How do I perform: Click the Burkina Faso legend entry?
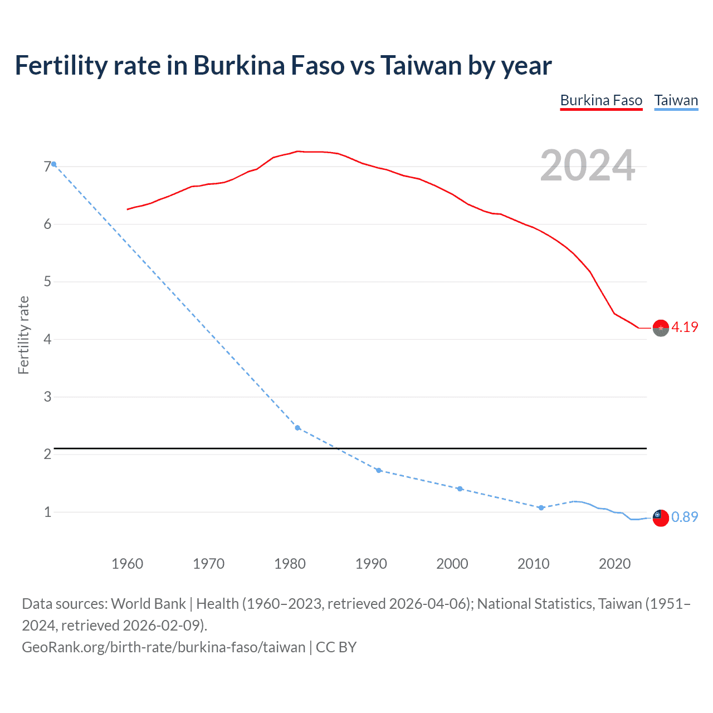click(x=601, y=100)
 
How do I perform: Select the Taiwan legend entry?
click(x=676, y=100)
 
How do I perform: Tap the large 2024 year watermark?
click(x=587, y=165)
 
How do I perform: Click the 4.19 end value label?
click(x=685, y=327)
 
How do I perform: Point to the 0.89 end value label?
click(x=685, y=517)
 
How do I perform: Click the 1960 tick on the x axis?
click(x=128, y=564)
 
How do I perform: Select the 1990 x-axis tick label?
click(x=371, y=564)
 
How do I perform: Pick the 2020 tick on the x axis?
click(x=614, y=564)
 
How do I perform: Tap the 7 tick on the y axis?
click(x=47, y=167)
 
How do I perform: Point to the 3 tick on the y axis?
click(x=47, y=397)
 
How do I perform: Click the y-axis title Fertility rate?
click(x=23, y=335)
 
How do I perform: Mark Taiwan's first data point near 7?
click(x=53, y=164)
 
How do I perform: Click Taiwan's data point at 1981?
click(x=297, y=428)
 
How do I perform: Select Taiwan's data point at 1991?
click(x=379, y=471)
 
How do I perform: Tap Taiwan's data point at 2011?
click(x=541, y=507)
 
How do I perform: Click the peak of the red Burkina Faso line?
click(x=298, y=151)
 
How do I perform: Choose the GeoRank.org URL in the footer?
click(x=163, y=647)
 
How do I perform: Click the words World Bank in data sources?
click(x=149, y=604)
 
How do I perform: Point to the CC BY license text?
click(x=336, y=647)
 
